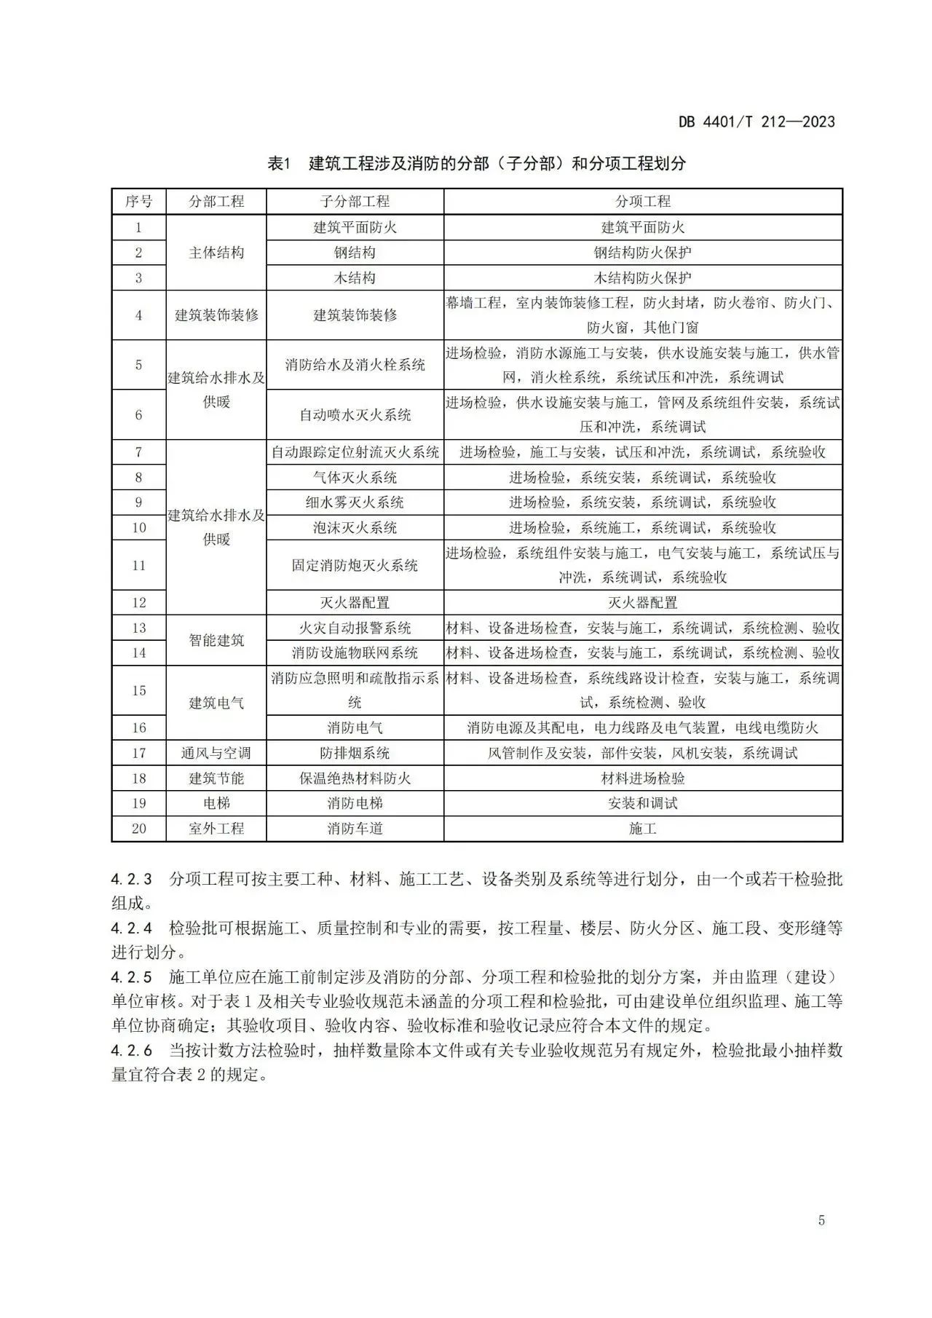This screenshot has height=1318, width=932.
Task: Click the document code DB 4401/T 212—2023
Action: [757, 122]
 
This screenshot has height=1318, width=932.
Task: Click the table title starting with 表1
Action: [477, 163]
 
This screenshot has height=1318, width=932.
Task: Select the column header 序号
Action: [138, 202]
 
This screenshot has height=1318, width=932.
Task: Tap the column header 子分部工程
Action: [355, 202]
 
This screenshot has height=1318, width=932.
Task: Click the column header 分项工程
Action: [642, 202]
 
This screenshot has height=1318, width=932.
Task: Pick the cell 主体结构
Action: [216, 253]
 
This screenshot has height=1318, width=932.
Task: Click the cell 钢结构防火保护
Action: [642, 253]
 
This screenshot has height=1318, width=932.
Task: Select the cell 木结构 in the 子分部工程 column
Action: [355, 277]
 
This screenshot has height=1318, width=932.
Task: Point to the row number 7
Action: [138, 452]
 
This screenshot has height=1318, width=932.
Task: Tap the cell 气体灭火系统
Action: [355, 478]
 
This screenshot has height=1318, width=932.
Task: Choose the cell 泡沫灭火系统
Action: [355, 527]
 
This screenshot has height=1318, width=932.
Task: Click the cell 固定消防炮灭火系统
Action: [355, 565]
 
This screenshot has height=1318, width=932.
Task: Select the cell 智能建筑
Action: [216, 640]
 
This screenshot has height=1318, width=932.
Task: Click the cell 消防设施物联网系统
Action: [355, 652]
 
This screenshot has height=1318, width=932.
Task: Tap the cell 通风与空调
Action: [216, 753]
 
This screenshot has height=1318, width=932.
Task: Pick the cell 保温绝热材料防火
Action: [355, 778]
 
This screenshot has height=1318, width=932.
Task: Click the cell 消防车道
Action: [355, 829]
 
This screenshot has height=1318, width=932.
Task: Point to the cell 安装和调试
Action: [642, 803]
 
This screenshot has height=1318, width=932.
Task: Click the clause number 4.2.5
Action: [132, 977]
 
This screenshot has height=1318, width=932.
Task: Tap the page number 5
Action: [821, 1220]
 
